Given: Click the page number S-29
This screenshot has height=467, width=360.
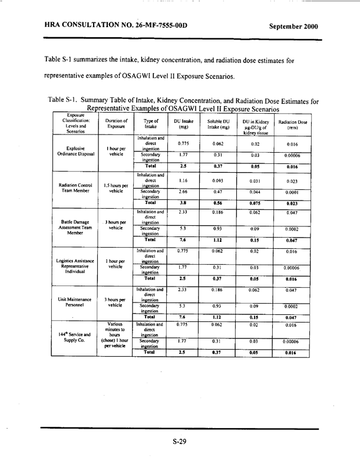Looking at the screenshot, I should [x=180, y=442].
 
